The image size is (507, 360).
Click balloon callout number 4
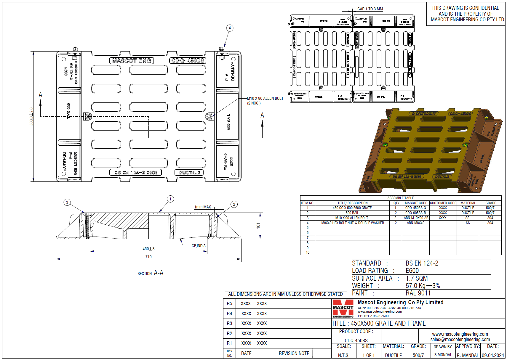click(x=230, y=28)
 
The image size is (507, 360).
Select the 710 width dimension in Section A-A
click(x=148, y=257)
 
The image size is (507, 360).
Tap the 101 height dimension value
click(x=258, y=226)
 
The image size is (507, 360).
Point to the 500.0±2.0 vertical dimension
click(x=31, y=116)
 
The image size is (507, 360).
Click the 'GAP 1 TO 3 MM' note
click(x=370, y=9)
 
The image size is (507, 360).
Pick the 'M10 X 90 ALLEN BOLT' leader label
click(x=265, y=99)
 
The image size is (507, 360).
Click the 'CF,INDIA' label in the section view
click(x=199, y=246)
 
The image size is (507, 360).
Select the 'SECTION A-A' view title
click(x=150, y=273)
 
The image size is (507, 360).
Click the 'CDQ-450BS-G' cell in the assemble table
click(x=415, y=208)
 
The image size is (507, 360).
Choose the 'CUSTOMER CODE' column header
click(x=443, y=203)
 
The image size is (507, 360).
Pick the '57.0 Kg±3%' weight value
click(x=423, y=286)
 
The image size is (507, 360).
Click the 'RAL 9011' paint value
click(x=418, y=293)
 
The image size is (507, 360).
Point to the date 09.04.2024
click(x=493, y=355)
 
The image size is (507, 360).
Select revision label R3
click(x=229, y=323)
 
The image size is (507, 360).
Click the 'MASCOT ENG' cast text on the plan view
click(x=132, y=61)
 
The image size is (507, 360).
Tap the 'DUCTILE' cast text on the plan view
click(x=189, y=173)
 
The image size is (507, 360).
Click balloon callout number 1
click(x=170, y=199)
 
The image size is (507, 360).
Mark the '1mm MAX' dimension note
click(x=203, y=207)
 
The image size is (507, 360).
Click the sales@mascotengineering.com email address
click(x=460, y=340)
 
